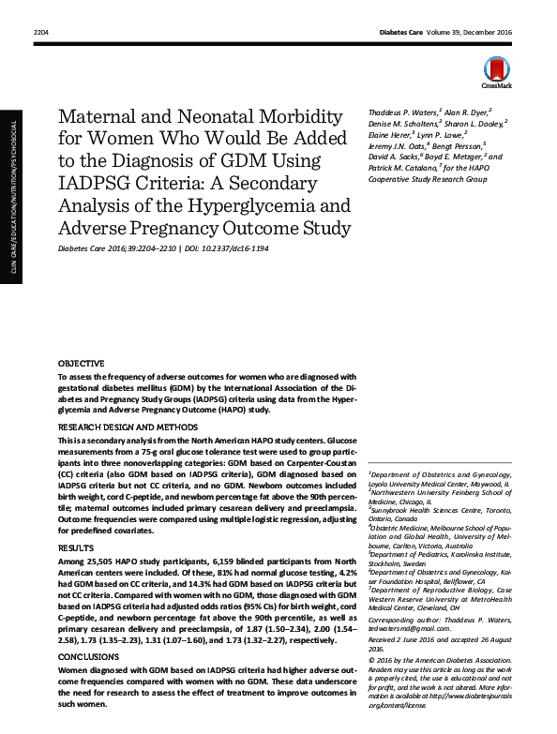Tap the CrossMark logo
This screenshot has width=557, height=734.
(495, 71)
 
